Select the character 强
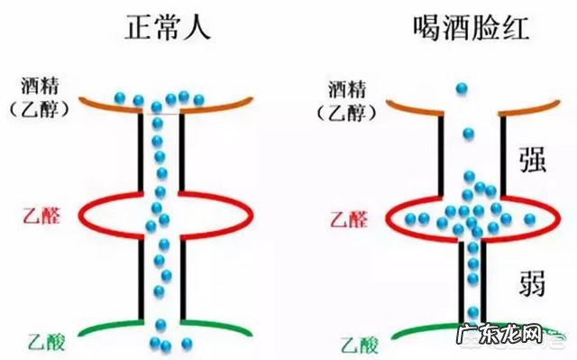[533, 161]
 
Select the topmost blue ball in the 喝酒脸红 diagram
[462, 89]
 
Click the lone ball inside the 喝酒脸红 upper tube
[467, 134]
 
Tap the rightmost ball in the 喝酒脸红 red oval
[530, 218]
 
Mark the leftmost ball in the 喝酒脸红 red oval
[407, 217]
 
